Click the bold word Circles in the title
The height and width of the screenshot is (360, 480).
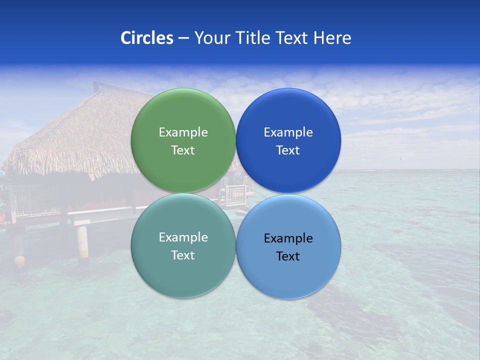point(146,38)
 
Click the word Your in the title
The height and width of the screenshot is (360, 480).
point(210,38)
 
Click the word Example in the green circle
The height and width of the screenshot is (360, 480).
point(183,132)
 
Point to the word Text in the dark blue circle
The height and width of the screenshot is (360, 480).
point(288,150)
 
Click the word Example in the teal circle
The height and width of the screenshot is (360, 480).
point(183,237)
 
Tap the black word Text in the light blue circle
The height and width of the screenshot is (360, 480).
point(288,256)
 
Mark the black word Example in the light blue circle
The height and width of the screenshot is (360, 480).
point(288,238)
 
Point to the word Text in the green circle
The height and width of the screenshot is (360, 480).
point(183,150)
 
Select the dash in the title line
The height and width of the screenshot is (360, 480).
point(183,38)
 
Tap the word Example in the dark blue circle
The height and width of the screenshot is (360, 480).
point(288,132)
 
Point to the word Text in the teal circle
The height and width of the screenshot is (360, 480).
point(183,255)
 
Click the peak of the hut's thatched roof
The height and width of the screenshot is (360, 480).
point(100,85)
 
